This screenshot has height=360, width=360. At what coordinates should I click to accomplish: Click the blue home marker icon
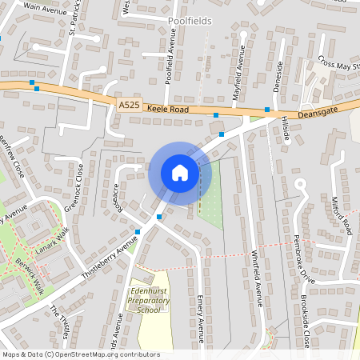point(180,172)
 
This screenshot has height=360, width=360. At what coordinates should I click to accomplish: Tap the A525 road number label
point(129,105)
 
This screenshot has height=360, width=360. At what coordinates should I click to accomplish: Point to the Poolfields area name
point(190,21)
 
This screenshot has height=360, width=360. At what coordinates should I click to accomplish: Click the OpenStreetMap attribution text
point(81,354)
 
